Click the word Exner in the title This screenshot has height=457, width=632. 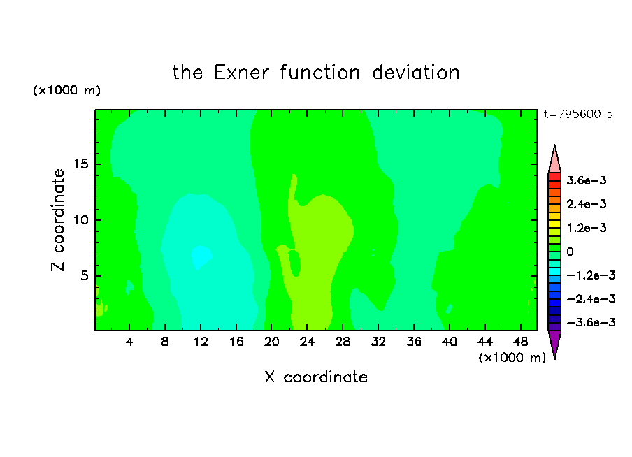coord(241,73)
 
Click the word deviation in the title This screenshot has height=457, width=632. coord(416,73)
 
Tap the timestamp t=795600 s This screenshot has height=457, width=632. coord(578,114)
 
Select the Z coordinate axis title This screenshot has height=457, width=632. coord(58,220)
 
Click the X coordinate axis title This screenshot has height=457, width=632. coord(316,377)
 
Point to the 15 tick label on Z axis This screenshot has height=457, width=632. coord(80,164)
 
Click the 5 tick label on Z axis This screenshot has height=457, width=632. coord(84,275)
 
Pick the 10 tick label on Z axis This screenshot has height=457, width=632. coord(80,220)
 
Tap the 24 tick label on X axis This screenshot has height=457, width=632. coord(307,342)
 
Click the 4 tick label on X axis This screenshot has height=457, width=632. coord(129,342)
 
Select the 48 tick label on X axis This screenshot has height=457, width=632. coord(520,342)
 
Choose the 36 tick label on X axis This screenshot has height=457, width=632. coord(414,342)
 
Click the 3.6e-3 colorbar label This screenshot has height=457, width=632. coord(587,180)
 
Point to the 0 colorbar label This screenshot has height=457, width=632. coord(570,252)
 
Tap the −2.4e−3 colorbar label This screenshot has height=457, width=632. coord(591,298)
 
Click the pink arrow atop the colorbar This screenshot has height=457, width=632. coord(554,161)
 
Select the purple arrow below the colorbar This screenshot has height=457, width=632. coord(554,343)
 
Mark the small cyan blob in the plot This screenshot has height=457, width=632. coord(201,256)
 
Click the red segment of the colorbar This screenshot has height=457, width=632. coord(554,177)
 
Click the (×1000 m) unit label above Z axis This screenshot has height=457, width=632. coord(66,90)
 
